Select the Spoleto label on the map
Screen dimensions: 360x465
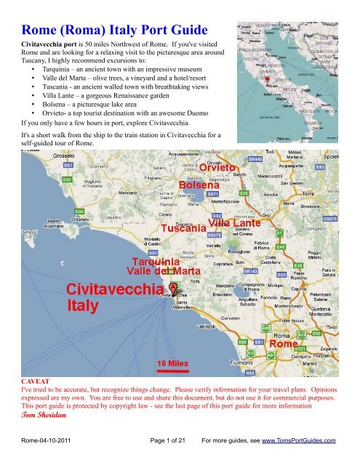345,156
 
